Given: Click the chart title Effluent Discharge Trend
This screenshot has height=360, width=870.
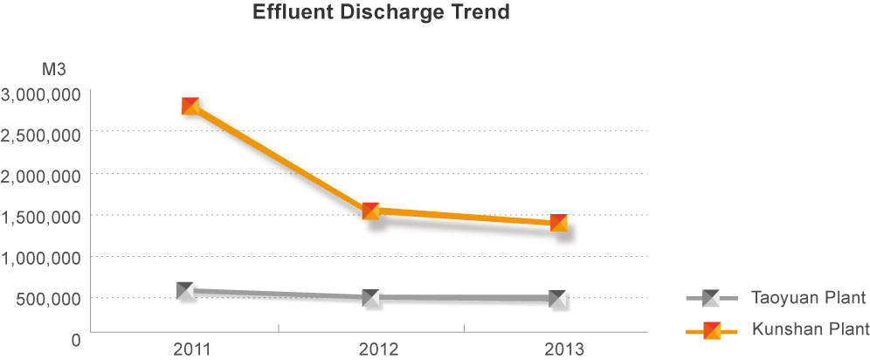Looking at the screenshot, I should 381,14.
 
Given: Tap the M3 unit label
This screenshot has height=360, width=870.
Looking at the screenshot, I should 54,69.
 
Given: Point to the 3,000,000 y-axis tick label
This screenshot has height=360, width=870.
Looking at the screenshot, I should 41,93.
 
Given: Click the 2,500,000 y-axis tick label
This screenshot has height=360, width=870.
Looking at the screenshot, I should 41,135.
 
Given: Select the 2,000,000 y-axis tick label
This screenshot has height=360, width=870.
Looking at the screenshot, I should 41,176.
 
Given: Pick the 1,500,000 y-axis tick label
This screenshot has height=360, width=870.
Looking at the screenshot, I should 41,217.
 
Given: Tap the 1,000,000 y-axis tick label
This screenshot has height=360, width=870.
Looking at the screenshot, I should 41,258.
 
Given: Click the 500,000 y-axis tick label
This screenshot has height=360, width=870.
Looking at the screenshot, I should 50,299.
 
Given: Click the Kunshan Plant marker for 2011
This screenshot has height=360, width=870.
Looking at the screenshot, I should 190,106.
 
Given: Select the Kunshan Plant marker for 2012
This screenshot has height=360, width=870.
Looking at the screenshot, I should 370,211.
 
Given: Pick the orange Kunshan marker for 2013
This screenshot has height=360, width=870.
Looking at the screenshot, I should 559,223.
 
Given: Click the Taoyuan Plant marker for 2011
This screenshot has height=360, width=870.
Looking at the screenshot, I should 185,290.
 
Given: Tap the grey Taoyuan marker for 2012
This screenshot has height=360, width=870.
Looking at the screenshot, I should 370,299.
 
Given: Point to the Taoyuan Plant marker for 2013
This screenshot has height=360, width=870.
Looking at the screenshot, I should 558,300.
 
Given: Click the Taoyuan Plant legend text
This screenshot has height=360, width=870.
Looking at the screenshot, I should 808,298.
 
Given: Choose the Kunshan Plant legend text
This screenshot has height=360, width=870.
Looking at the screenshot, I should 810,329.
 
